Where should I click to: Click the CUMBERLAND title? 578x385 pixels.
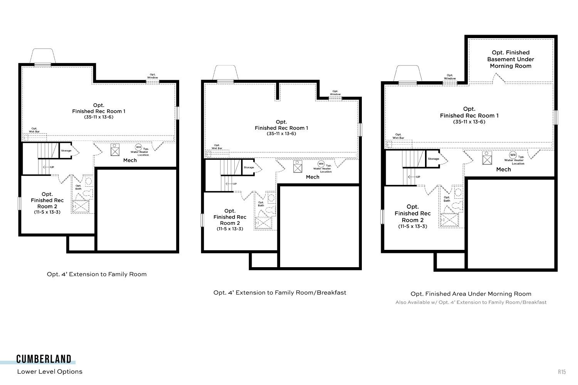pyautogui.click(x=44, y=359)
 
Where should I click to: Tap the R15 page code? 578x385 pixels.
pyautogui.click(x=562, y=372)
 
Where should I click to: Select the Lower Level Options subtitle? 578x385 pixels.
pyautogui.click(x=50, y=372)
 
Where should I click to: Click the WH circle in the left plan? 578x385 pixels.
pyautogui.click(x=139, y=147)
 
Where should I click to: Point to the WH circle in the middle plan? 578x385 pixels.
pyautogui.click(x=321, y=164)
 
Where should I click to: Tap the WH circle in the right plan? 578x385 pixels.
pyautogui.click(x=512, y=155)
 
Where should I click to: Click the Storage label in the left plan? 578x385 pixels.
pyautogui.click(x=66, y=151)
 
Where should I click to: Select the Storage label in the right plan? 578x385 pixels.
pyautogui.click(x=434, y=159)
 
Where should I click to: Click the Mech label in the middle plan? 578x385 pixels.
pyautogui.click(x=313, y=177)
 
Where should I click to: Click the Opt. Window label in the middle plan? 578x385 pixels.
pyautogui.click(x=335, y=92)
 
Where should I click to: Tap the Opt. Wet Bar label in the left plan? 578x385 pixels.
pyautogui.click(x=34, y=130)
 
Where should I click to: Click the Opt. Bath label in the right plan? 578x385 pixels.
pyautogui.click(x=447, y=199)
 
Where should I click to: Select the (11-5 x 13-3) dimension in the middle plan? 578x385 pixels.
pyautogui.click(x=230, y=229)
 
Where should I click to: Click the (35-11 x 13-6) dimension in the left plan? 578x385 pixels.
pyautogui.click(x=99, y=117)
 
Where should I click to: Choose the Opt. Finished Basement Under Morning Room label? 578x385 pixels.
pyautogui.click(x=511, y=59)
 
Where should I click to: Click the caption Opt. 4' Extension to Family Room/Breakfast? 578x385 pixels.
pyautogui.click(x=280, y=293)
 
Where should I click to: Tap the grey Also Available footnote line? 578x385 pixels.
pyautogui.click(x=471, y=302)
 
